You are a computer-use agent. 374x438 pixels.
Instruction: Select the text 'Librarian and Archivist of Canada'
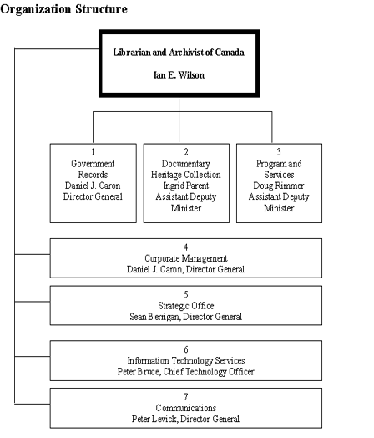179,52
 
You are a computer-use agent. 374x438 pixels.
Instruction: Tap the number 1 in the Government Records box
93,153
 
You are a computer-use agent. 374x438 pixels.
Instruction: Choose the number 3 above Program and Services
279,153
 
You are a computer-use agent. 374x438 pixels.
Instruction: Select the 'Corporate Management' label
185,259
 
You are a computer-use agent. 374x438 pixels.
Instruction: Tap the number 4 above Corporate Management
185,248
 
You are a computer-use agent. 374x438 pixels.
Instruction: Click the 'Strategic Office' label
185,306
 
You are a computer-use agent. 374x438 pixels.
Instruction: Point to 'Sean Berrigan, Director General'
185,317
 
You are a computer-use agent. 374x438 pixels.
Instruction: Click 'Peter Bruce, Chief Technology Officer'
185,372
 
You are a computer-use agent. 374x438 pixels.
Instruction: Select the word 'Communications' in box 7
185,408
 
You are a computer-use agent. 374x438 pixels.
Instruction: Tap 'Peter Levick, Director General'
185,419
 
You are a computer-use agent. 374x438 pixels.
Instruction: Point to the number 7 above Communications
185,397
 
